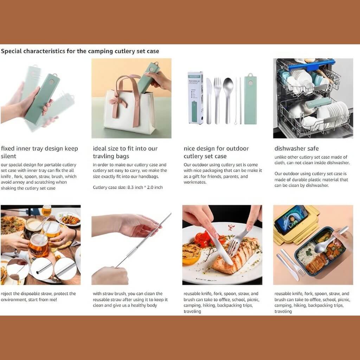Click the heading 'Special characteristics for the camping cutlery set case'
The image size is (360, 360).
pyautogui.click(x=80, y=51)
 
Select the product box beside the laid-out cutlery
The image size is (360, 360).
pyautogui.click(x=195, y=97)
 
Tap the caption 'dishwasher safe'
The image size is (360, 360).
pyautogui.click(x=296, y=148)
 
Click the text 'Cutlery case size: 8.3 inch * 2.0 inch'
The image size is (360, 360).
pyautogui.click(x=128, y=187)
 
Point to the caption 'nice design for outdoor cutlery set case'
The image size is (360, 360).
pyautogui.click(x=216, y=152)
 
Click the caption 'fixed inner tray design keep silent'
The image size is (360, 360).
pyautogui.click(x=39, y=152)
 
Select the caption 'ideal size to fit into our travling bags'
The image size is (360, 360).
pyautogui.click(x=125, y=152)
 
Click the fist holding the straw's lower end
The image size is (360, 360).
pyautogui.click(x=109, y=276)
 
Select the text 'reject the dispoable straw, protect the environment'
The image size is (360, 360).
pyautogui.click(x=38, y=296)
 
